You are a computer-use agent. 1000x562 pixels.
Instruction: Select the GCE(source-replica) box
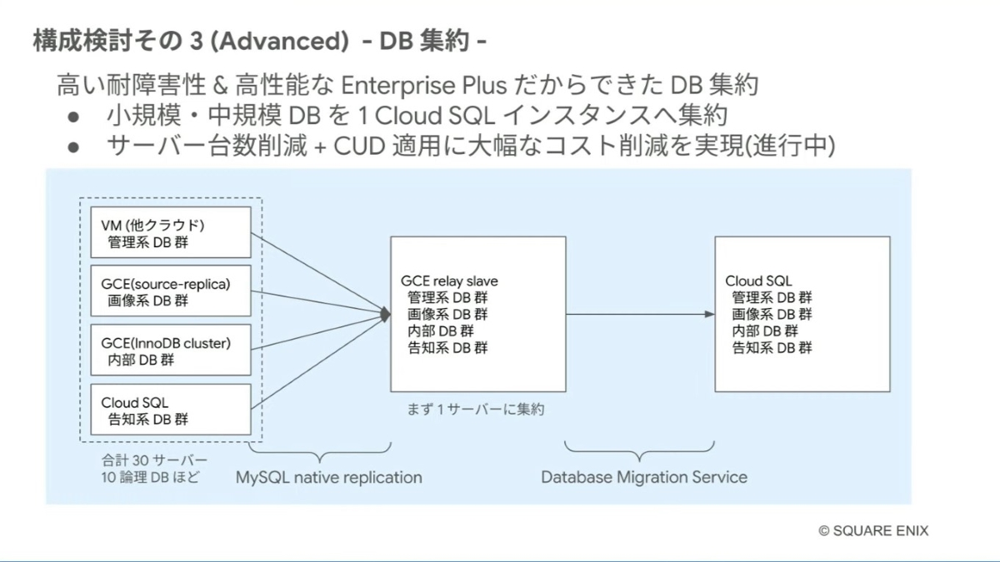170,292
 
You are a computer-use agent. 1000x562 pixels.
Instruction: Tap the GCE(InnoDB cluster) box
170,351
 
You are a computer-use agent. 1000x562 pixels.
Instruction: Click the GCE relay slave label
449,281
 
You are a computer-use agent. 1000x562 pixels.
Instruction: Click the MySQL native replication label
328,478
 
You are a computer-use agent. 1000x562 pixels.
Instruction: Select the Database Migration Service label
644,478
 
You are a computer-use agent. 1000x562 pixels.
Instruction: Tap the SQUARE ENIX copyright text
873,530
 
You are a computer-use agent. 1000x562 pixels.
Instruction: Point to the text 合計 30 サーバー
154,460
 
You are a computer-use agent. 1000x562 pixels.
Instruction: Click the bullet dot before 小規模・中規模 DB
74,116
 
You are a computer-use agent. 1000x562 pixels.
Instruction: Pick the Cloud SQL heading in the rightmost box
758,281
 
